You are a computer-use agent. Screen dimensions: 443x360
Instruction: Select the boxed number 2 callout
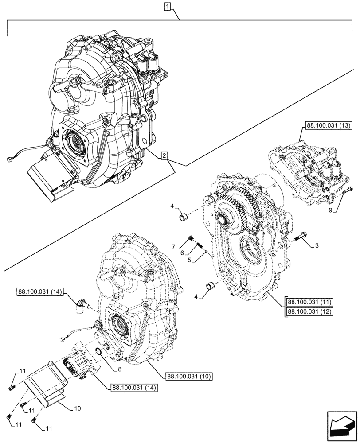click(x=164, y=155)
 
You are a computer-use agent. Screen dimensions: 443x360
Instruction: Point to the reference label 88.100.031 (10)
click(x=189, y=376)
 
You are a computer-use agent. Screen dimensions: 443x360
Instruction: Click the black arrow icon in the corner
click(x=342, y=426)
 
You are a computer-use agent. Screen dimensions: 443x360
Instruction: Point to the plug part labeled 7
click(x=191, y=239)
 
